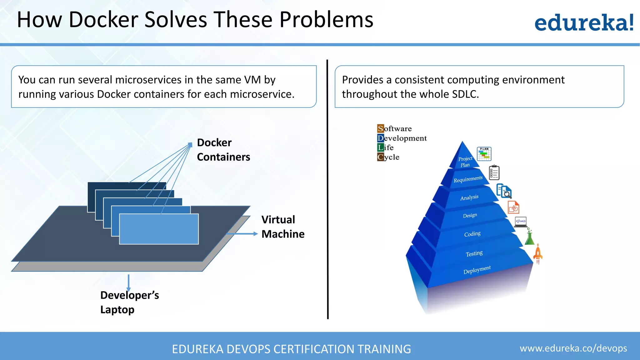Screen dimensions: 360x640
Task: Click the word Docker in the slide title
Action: (x=103, y=20)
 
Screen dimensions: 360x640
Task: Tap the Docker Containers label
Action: (x=223, y=150)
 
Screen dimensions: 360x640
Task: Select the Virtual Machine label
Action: (x=282, y=227)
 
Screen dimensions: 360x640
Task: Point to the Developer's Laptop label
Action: (x=129, y=302)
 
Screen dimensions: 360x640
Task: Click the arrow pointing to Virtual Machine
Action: (x=242, y=234)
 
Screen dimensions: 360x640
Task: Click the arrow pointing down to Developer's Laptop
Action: (x=128, y=282)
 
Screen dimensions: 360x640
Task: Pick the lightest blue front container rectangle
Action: (x=159, y=229)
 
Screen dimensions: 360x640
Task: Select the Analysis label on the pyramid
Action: (x=469, y=197)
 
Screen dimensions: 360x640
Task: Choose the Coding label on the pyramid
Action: (x=472, y=234)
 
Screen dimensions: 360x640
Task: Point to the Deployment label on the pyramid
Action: (x=477, y=270)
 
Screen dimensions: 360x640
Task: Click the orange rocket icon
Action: (x=538, y=254)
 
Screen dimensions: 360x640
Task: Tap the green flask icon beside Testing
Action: (x=529, y=237)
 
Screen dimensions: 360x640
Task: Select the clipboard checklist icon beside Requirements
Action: (x=494, y=172)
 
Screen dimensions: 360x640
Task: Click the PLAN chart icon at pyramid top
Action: (x=484, y=153)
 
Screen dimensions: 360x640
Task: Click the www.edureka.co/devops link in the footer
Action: (x=573, y=348)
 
